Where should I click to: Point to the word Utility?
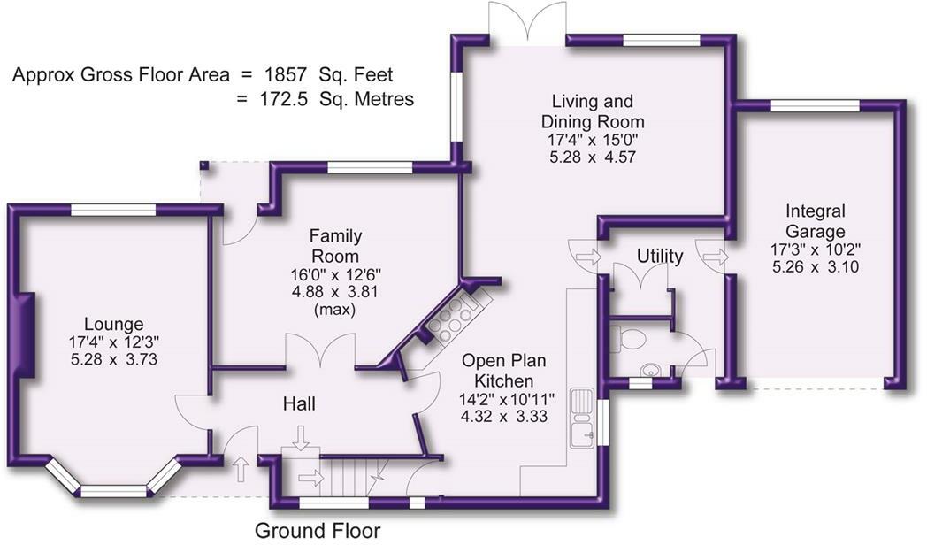click(x=660, y=257)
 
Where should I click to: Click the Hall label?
click(x=299, y=404)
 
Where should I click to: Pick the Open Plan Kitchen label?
click(x=506, y=372)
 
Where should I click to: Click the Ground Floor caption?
click(x=318, y=531)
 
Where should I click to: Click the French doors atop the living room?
click(x=526, y=19)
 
